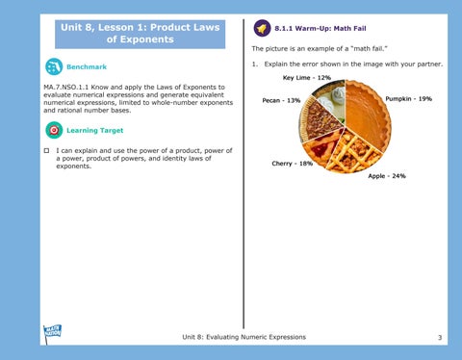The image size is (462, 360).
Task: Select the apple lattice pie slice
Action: point(354,152)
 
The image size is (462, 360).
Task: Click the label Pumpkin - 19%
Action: point(408,99)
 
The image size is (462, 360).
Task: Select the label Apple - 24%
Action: point(387,176)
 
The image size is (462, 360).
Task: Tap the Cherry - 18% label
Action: point(292,164)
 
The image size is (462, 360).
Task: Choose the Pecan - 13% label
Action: point(281,100)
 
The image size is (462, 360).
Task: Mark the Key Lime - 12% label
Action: point(306,78)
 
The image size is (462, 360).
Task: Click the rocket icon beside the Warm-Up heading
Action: point(262,28)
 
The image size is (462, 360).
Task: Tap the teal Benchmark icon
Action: point(54,66)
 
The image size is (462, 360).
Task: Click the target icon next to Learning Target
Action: point(54,130)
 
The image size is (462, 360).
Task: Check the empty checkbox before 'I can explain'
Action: point(47,150)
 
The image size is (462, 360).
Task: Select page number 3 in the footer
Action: point(440,337)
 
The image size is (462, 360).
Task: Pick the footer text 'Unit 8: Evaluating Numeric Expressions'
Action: point(244,337)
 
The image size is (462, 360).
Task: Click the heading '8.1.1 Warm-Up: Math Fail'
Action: point(321,28)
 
